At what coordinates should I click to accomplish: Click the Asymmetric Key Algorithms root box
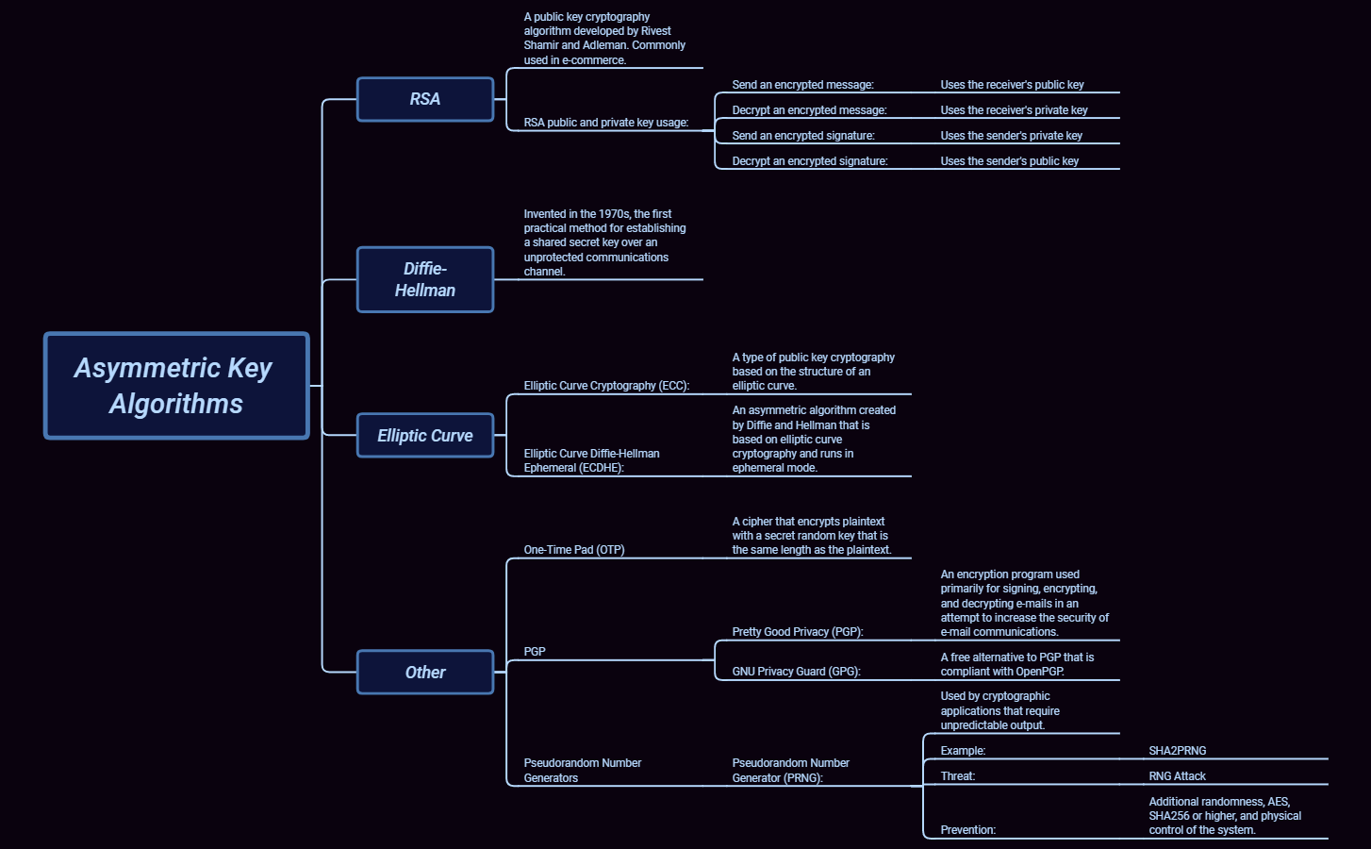[x=176, y=385]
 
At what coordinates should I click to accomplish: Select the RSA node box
[x=425, y=99]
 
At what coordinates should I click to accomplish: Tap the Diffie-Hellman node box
[x=425, y=279]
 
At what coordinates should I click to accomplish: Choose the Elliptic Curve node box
[x=425, y=435]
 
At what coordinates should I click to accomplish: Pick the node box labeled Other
[x=425, y=672]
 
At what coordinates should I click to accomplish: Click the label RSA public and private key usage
[x=606, y=123]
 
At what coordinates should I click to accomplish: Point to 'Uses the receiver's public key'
[x=1012, y=85]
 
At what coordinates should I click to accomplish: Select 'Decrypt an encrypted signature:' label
[x=810, y=161]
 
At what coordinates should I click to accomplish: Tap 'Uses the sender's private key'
[x=1011, y=136]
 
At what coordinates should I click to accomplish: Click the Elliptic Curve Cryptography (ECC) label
[x=606, y=386]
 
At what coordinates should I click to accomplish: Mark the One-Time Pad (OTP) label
[x=574, y=550]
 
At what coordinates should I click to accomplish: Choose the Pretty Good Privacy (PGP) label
[x=798, y=632]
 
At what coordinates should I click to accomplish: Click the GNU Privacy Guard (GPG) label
[x=796, y=672]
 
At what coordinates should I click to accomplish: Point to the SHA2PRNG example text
[x=1177, y=751]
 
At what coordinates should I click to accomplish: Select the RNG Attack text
[x=1177, y=776]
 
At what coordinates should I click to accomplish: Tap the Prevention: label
[x=967, y=830]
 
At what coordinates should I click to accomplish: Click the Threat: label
[x=957, y=776]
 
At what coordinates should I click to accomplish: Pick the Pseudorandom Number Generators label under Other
[x=582, y=771]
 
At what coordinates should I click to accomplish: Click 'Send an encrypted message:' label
[x=802, y=85]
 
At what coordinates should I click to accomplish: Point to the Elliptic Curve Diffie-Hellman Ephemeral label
[x=591, y=460]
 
